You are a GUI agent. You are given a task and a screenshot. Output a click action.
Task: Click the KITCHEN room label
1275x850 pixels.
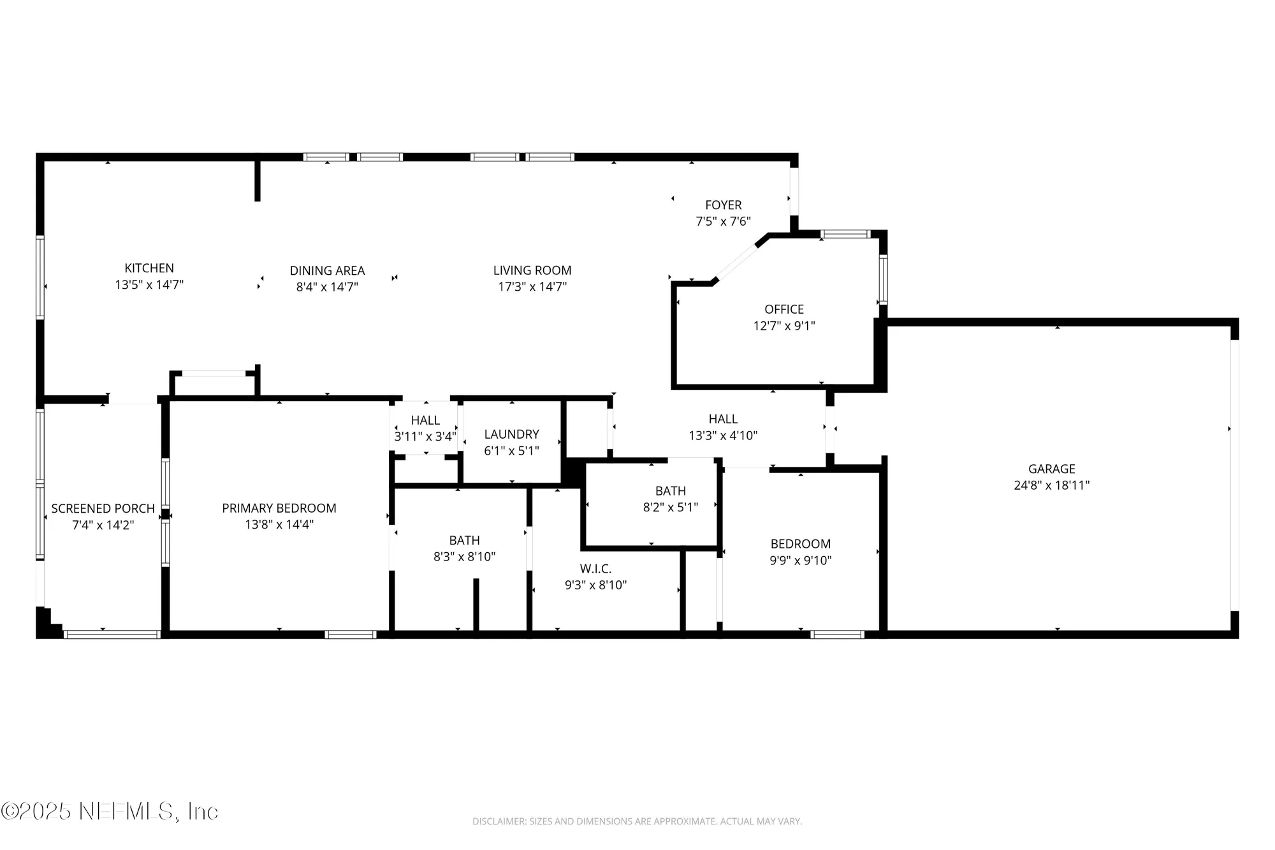pyautogui.click(x=149, y=268)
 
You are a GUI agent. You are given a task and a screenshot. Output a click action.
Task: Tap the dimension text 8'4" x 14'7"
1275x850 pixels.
pyautogui.click(x=327, y=287)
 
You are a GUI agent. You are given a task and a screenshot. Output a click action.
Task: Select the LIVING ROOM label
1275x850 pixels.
pyautogui.click(x=532, y=270)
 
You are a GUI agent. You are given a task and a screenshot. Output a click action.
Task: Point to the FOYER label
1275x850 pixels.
pyautogui.click(x=723, y=205)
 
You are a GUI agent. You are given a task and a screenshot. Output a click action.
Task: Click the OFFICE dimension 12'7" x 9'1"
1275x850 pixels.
pyautogui.click(x=784, y=326)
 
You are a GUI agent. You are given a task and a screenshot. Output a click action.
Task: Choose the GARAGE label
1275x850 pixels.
pyautogui.click(x=1051, y=469)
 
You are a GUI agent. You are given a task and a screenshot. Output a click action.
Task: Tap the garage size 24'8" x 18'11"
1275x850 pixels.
pyautogui.click(x=1051, y=485)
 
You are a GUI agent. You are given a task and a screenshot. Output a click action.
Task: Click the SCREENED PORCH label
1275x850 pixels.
pyautogui.click(x=103, y=509)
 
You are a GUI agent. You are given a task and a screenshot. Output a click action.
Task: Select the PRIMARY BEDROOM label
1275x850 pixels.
pyautogui.click(x=279, y=508)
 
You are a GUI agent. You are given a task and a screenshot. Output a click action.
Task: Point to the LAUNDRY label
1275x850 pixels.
pyautogui.click(x=511, y=434)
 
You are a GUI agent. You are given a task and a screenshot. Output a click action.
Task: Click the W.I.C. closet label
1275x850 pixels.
pyautogui.click(x=595, y=569)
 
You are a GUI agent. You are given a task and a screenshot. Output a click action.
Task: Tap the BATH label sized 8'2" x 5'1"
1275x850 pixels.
pyautogui.click(x=671, y=491)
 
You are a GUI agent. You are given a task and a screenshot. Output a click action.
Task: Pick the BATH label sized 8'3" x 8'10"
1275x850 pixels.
pyautogui.click(x=464, y=540)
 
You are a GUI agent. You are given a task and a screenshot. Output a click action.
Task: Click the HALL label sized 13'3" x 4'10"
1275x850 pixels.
pyautogui.click(x=723, y=419)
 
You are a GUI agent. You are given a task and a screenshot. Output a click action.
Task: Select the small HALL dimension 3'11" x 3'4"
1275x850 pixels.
pyautogui.click(x=425, y=437)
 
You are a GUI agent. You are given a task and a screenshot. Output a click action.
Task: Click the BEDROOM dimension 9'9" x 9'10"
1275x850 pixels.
pyautogui.click(x=801, y=561)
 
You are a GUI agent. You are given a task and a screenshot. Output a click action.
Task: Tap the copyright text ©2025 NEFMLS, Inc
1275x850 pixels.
pyautogui.click(x=110, y=811)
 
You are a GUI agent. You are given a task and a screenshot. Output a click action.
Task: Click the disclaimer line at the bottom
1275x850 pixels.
pyautogui.click(x=637, y=821)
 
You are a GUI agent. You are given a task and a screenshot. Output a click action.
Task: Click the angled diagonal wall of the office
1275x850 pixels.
pyautogui.click(x=737, y=261)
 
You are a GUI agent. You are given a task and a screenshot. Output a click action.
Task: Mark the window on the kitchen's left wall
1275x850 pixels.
pyautogui.click(x=40, y=277)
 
